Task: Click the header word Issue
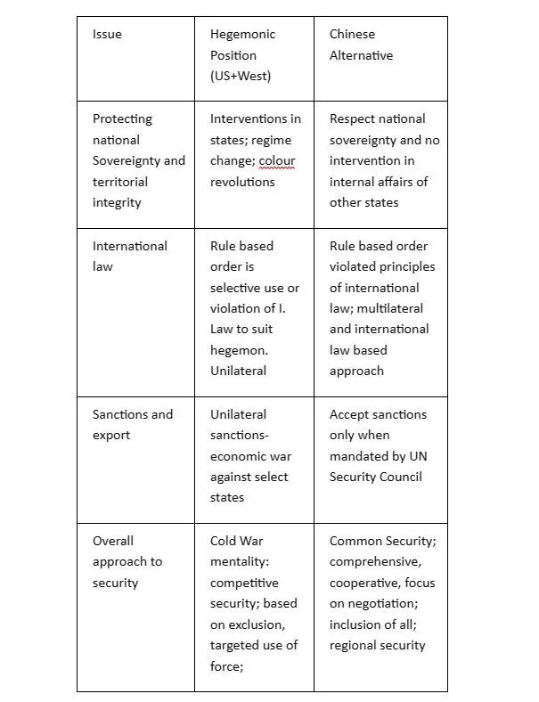click(107, 35)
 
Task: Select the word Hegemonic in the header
click(242, 35)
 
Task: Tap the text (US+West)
click(241, 77)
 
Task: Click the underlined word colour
click(277, 161)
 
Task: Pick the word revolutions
click(242, 182)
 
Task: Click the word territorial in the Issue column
click(120, 182)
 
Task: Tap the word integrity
click(117, 203)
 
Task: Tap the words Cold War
click(237, 541)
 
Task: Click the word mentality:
click(243, 562)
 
